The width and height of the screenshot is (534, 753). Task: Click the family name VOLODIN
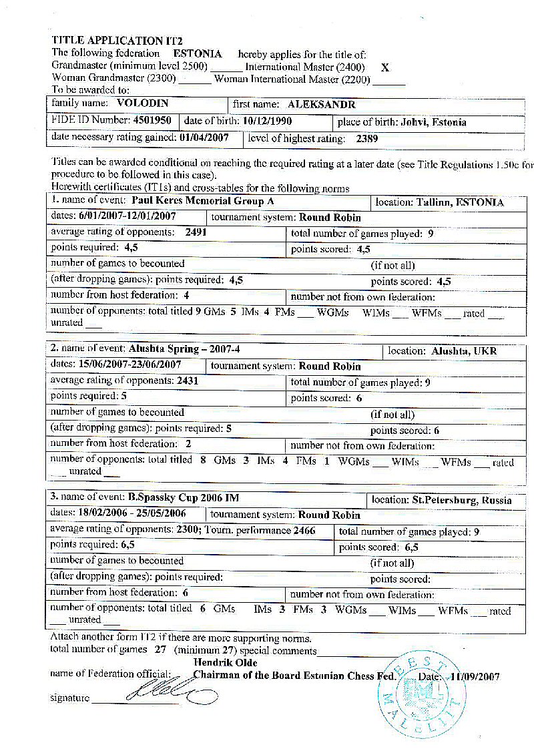coord(142,104)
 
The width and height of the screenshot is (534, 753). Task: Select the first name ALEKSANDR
coord(321,105)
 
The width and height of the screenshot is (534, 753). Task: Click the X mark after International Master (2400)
coord(384,67)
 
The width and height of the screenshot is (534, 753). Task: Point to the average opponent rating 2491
coord(190,232)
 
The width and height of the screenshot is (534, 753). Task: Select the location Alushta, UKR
coord(463,351)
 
